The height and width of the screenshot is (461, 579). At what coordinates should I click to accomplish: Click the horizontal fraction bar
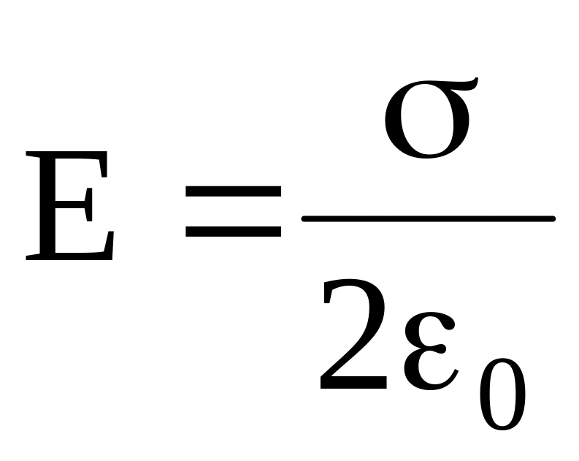click(429, 218)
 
